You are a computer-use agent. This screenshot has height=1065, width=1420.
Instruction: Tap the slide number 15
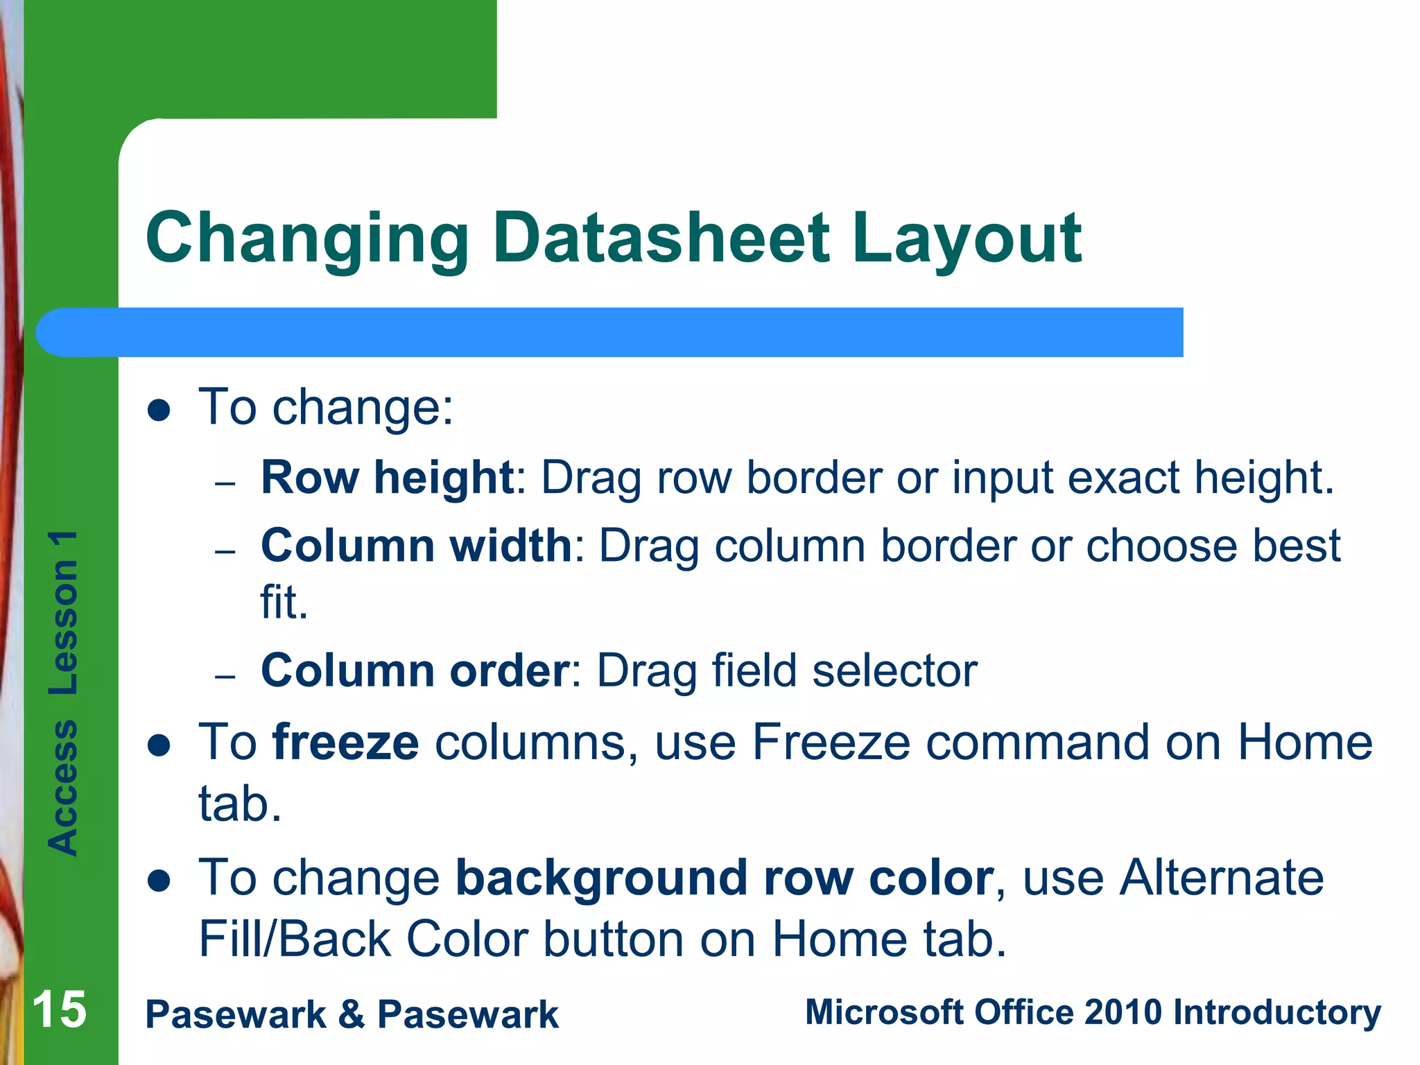[60, 1010]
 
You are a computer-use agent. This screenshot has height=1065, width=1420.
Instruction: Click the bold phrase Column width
[416, 545]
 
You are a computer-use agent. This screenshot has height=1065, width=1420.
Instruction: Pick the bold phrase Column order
[415, 670]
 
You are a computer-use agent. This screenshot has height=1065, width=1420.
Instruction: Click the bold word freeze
[345, 743]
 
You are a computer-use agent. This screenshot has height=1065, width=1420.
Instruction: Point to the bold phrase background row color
[725, 878]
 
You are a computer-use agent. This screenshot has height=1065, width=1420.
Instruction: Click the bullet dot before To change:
[159, 410]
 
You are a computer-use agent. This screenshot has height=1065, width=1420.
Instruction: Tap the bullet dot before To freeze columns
[159, 745]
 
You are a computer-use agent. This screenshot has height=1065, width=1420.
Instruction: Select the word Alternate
[1222, 878]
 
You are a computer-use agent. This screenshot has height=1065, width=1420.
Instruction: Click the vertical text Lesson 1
[63, 613]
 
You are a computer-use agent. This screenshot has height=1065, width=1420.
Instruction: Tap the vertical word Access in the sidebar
[63, 787]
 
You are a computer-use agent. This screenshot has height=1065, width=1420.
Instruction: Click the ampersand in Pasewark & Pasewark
[352, 1014]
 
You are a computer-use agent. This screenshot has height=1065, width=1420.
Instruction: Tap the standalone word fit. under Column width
[284, 602]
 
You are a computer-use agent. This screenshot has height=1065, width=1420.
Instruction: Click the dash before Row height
[225, 483]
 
